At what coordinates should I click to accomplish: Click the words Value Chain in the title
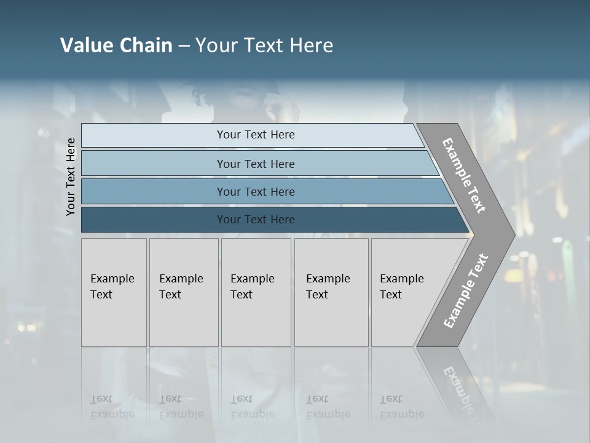pos(116,46)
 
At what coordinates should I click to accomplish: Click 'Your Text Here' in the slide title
pos(264,46)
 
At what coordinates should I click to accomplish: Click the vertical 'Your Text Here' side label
pos(71,177)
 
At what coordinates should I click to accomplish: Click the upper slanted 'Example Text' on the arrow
pos(464,175)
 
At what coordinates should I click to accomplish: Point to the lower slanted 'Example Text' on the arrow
pos(466,290)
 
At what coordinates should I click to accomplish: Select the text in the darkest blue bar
pos(256,220)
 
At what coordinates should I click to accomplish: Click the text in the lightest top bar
pos(256,135)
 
